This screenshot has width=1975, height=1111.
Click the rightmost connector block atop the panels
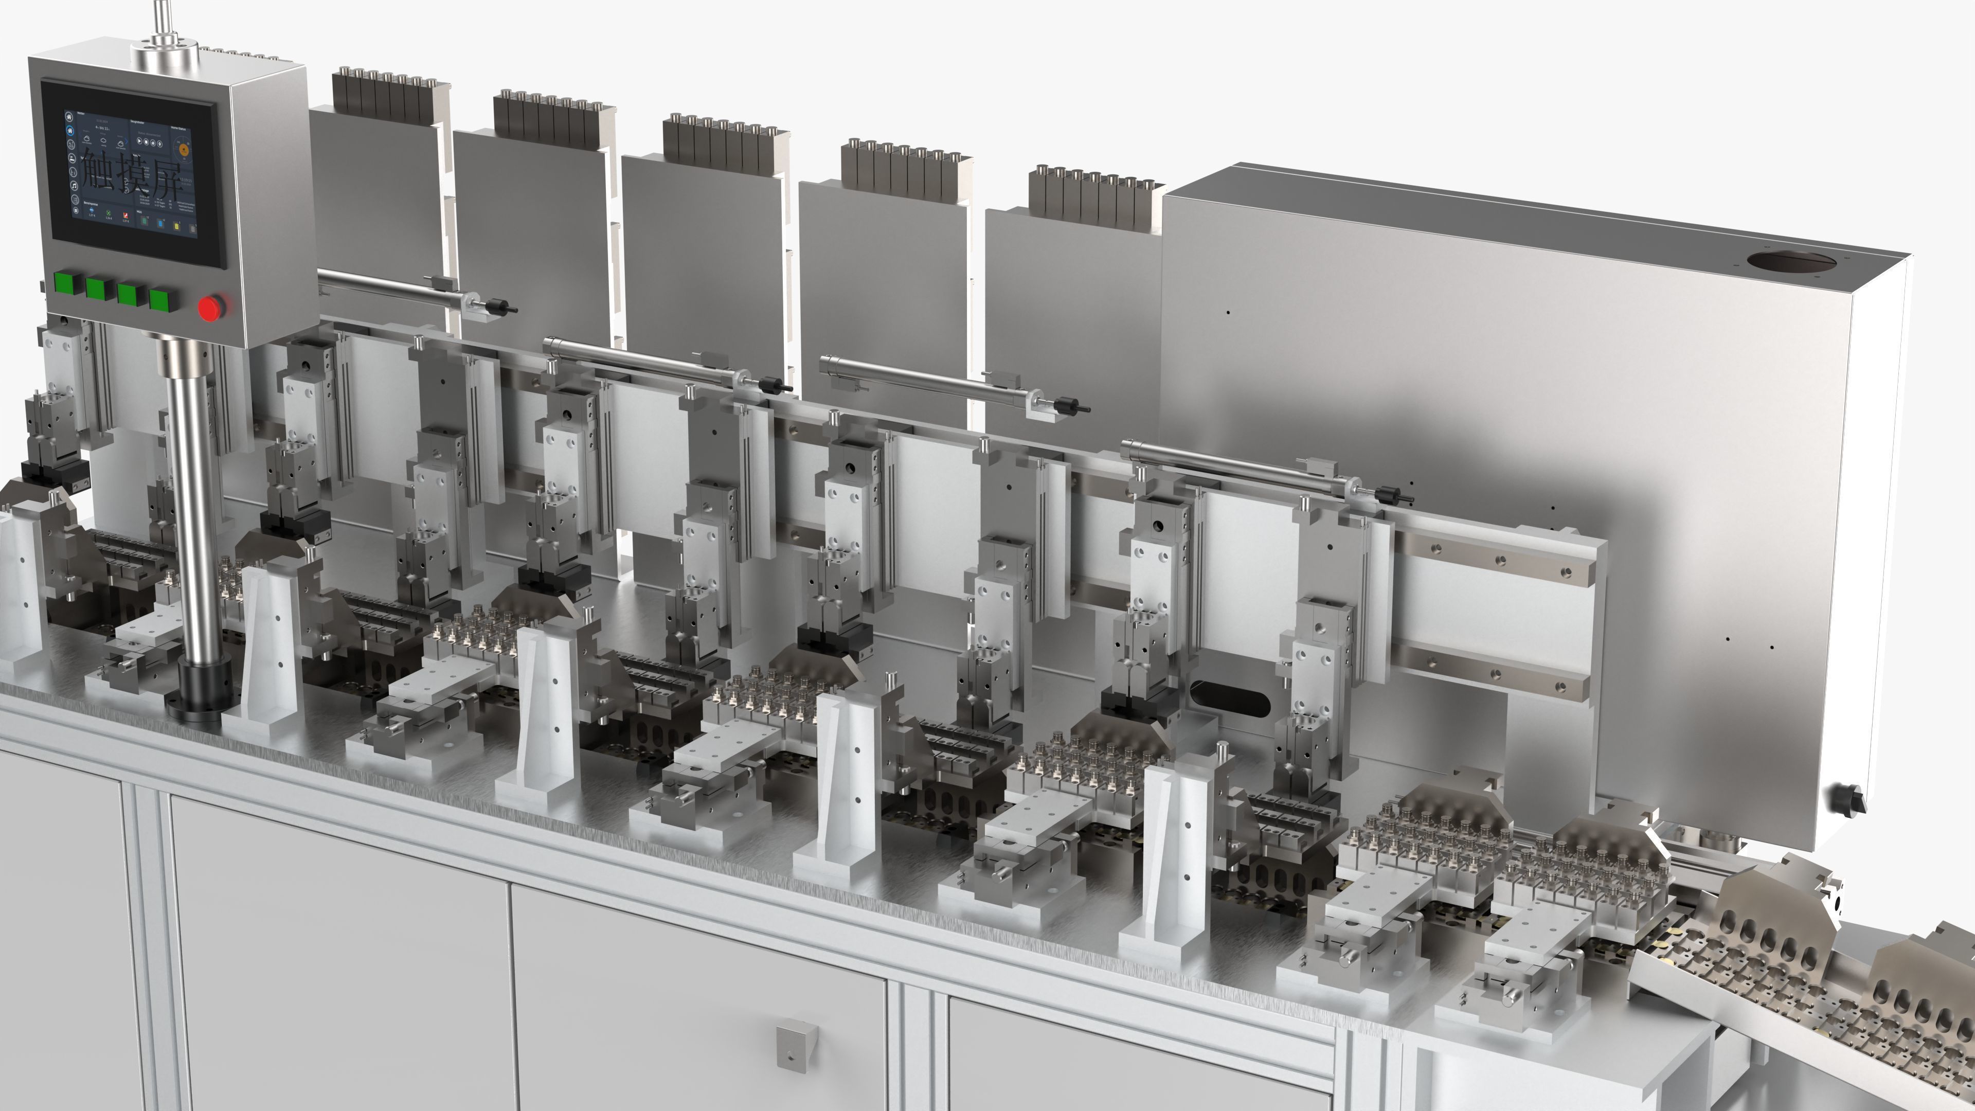(x=1094, y=197)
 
